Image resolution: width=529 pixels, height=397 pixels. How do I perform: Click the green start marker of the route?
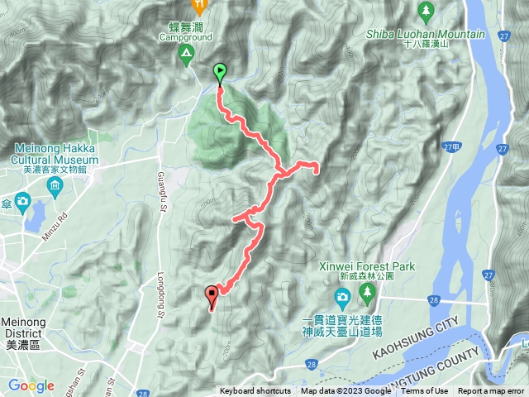(x=220, y=73)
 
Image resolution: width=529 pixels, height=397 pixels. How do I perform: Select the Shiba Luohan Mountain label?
(x=424, y=33)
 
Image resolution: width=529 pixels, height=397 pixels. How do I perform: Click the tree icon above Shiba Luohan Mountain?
(x=427, y=11)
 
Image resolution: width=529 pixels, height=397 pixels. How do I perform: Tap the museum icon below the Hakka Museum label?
(x=55, y=182)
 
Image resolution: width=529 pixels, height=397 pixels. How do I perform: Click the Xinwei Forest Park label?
(x=367, y=267)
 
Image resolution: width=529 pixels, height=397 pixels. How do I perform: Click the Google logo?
(x=31, y=385)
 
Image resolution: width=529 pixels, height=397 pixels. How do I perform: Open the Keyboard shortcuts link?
(x=255, y=391)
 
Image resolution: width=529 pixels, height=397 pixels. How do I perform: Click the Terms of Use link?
(x=425, y=391)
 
